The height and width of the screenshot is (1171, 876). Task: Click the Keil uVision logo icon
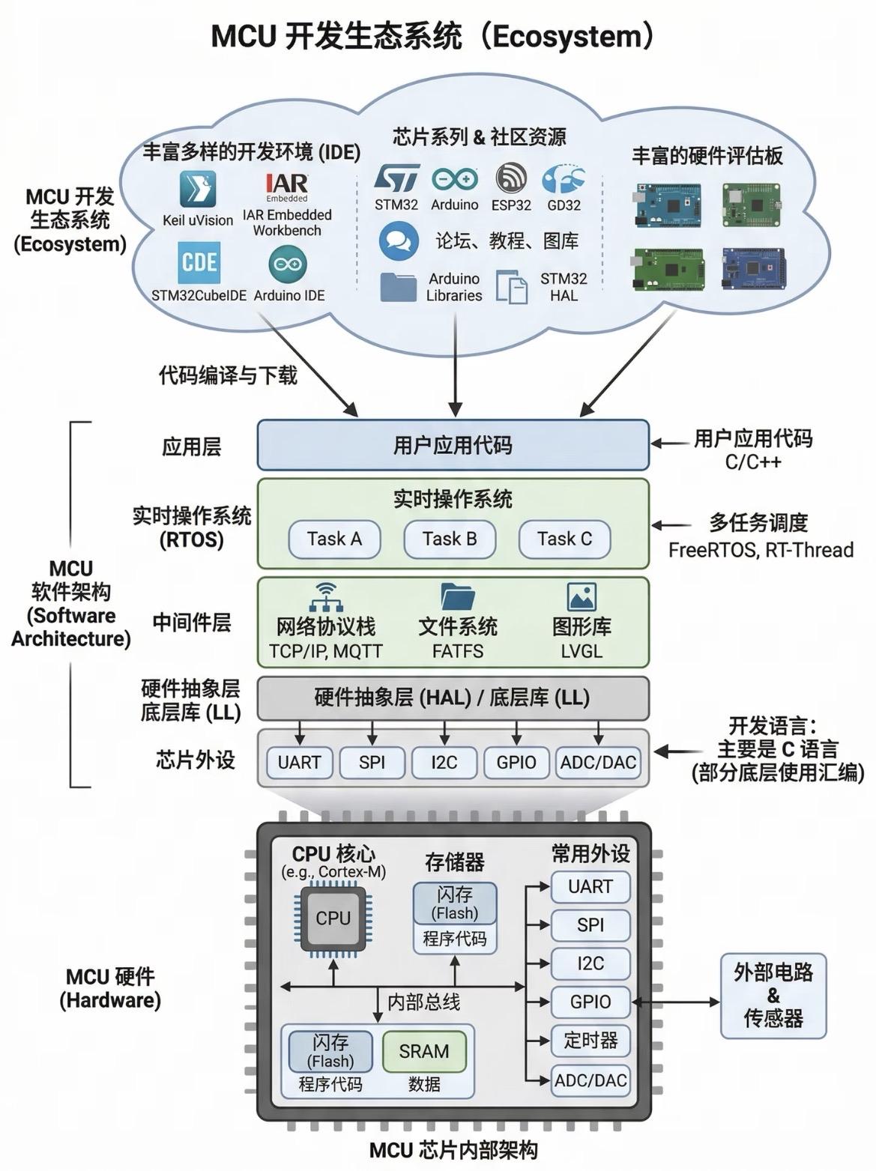click(198, 189)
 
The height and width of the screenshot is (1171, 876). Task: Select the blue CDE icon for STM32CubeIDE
click(199, 262)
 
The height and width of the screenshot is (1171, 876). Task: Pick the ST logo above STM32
click(396, 178)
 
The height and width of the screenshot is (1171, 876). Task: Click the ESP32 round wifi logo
click(511, 178)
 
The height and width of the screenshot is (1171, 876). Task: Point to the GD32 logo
click(563, 179)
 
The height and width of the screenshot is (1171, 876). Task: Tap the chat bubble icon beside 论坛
click(399, 241)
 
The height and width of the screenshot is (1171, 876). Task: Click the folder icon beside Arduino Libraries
click(398, 287)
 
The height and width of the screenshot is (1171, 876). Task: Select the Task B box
click(450, 539)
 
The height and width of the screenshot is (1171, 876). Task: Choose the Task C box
click(564, 539)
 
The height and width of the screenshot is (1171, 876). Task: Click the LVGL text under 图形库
click(582, 651)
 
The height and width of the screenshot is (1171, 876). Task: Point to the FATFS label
click(458, 651)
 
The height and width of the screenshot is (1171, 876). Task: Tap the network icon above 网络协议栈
click(326, 597)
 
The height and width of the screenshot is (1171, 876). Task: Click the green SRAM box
click(424, 1051)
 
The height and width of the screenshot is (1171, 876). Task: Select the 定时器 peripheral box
click(590, 1041)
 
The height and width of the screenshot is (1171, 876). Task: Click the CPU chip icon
click(333, 919)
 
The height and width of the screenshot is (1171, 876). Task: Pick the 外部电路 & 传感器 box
click(773, 996)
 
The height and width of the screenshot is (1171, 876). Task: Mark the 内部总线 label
click(423, 1002)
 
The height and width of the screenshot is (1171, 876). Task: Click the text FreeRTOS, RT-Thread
click(761, 550)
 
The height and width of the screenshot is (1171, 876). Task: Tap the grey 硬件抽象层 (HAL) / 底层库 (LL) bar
click(453, 698)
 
